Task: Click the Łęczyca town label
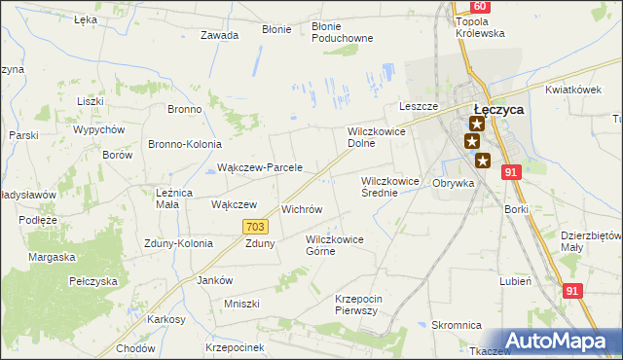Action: [497, 110]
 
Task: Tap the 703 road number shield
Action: [255, 227]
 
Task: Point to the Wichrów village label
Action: [301, 209]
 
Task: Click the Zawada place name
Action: [219, 35]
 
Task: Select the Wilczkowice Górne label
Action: [334, 244]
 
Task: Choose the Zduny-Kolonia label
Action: [177, 243]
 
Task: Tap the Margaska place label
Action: [52, 257]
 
